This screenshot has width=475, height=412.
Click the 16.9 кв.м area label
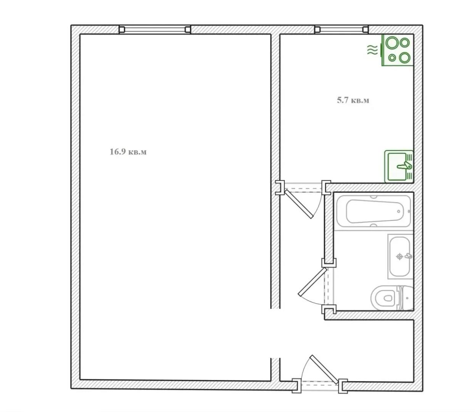128,152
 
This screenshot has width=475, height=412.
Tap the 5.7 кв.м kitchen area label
353,100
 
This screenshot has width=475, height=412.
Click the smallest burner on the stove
392,58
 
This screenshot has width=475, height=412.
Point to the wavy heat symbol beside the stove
372,50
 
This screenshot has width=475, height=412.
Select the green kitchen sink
399,166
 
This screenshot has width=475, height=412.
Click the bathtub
373,211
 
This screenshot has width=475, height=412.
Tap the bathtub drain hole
399,211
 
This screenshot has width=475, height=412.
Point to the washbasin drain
399,256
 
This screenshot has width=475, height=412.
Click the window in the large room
155,30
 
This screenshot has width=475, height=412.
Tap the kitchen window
341,30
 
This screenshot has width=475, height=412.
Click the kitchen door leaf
299,204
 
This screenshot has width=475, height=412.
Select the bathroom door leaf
313,282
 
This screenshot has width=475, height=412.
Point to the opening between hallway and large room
275,333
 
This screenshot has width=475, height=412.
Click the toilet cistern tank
408,298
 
